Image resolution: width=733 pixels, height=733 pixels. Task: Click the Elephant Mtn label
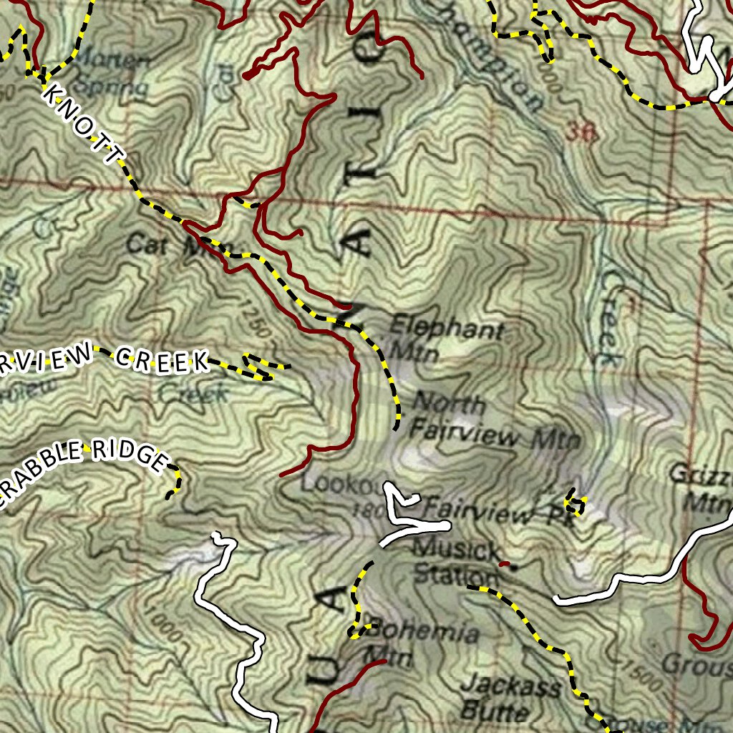click(x=445, y=340)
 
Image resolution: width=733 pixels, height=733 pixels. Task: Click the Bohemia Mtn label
click(x=422, y=643)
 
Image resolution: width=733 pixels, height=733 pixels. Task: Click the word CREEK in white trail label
click(x=162, y=360)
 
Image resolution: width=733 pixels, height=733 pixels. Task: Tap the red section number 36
click(x=581, y=131)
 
